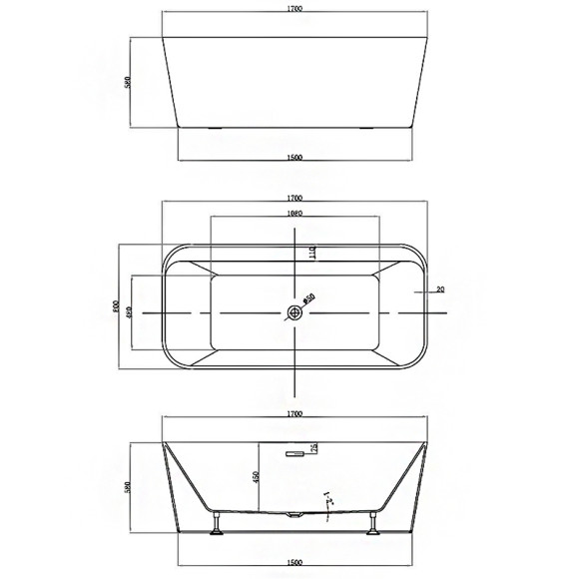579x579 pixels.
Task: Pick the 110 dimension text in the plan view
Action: [x=311, y=255]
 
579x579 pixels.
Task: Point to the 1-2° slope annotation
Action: [x=327, y=499]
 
